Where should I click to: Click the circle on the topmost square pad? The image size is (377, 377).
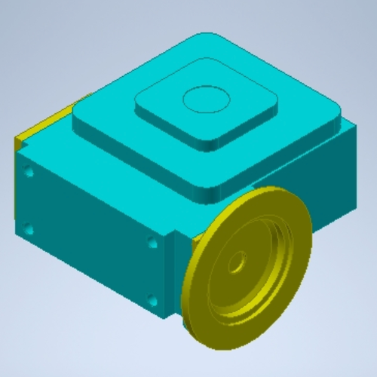(x=206, y=99)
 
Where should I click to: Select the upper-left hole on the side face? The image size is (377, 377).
(x=29, y=173)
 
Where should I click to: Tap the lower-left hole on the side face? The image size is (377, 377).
(x=29, y=228)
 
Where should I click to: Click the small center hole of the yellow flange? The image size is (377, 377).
(x=237, y=264)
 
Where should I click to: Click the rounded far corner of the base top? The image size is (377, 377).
(x=204, y=38)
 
